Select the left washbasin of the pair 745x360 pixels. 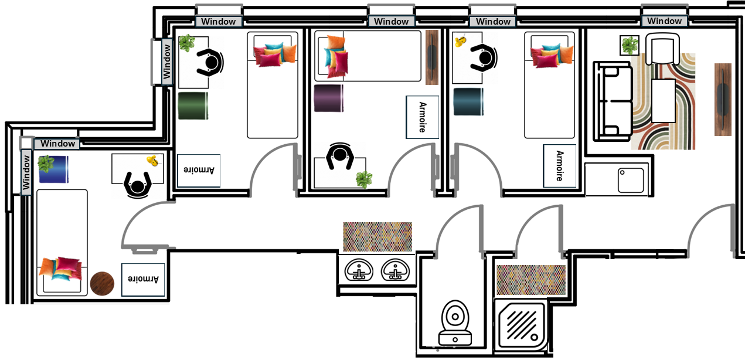pyautogui.click(x=359, y=270)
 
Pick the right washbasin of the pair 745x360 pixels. pyautogui.click(x=395, y=270)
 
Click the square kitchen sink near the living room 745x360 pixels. pyautogui.click(x=631, y=181)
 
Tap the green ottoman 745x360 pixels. pyautogui.click(x=193, y=106)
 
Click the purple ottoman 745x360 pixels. pyautogui.click(x=329, y=99)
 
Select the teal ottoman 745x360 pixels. pyautogui.click(x=468, y=102)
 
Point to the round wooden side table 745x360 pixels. pyautogui.click(x=102, y=284)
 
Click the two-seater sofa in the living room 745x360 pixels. pyautogui.click(x=613, y=101)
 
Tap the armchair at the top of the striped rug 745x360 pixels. pyautogui.click(x=662, y=49)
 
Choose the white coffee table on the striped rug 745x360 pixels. pyautogui.click(x=664, y=101)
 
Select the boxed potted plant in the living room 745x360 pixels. pyautogui.click(x=630, y=45)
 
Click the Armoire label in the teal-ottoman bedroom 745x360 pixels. pyautogui.click(x=560, y=166)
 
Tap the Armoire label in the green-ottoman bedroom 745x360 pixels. pyautogui.click(x=199, y=171)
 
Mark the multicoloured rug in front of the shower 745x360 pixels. pyautogui.click(x=531, y=280)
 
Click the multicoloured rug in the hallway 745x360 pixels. pyautogui.click(x=377, y=237)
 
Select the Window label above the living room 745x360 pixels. pyautogui.click(x=664, y=21)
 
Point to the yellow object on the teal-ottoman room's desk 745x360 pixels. pyautogui.click(x=461, y=40)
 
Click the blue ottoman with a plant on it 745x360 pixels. pyautogui.click(x=53, y=169)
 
